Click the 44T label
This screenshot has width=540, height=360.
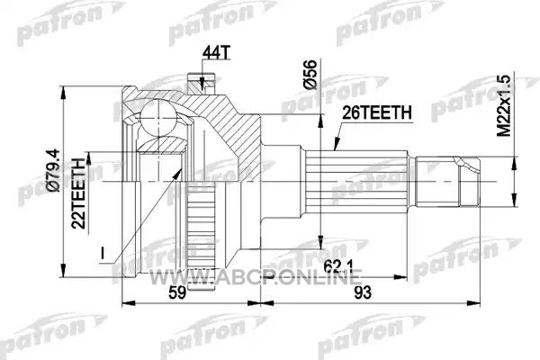click(x=216, y=52)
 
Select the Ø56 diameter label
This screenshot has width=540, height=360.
click(x=310, y=75)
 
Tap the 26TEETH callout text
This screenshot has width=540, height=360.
click(x=377, y=112)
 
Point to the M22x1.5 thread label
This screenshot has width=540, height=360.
click(x=504, y=106)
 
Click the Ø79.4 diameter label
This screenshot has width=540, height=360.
click(x=54, y=170)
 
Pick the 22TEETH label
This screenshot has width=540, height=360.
click(x=78, y=193)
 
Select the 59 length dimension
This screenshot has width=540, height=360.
click(x=177, y=292)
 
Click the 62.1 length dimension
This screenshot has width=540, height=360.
click(x=338, y=266)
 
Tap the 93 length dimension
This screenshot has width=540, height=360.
click(x=363, y=292)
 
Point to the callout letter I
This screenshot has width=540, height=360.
click(x=103, y=253)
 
